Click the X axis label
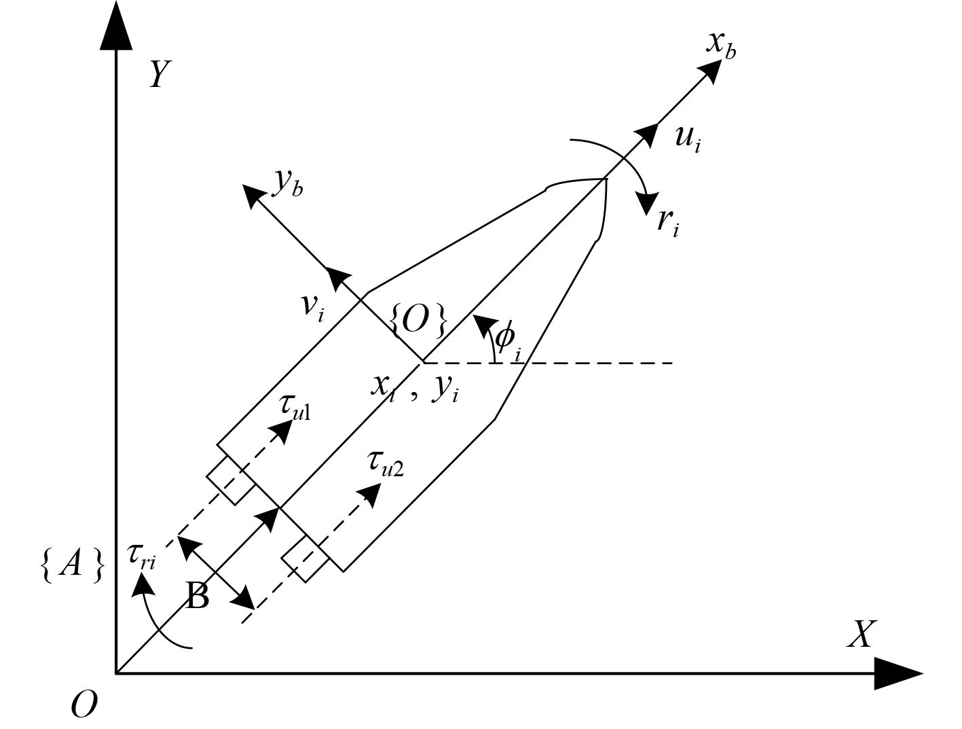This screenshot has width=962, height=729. [860, 635]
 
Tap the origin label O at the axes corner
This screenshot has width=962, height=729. [84, 705]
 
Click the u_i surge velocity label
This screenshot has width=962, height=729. [687, 139]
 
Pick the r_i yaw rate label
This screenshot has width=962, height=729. [667, 221]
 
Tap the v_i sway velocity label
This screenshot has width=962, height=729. [313, 307]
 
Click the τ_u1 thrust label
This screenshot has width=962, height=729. [294, 408]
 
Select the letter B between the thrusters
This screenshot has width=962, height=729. [197, 598]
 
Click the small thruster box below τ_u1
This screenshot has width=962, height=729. [231, 480]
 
